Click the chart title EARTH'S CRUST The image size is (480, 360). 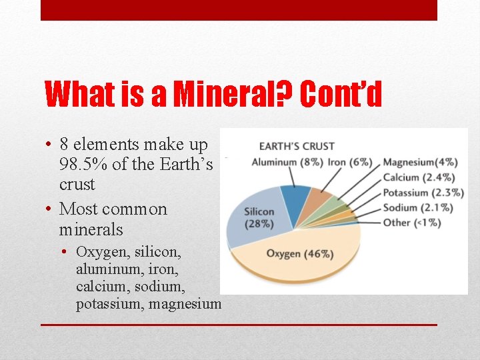tap(297, 146)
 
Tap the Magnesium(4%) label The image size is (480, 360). tap(420, 162)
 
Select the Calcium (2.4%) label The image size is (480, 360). tap(419, 177)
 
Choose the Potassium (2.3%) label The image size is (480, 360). tap(423, 193)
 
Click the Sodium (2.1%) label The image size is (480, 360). tap(418, 207)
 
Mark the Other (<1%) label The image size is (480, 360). tap(412, 223)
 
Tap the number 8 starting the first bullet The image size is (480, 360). tap(64, 144)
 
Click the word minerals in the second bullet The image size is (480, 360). tap(91, 230)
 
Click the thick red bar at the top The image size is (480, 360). tap(239, 10)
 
